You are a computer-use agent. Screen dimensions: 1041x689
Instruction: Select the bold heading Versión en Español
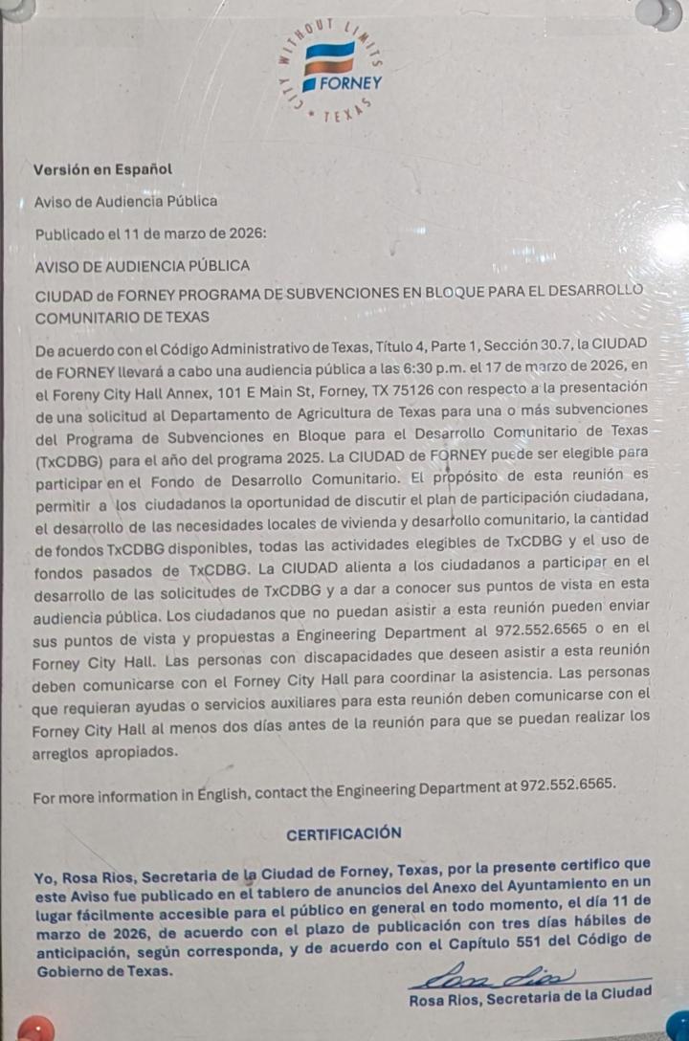[102, 169]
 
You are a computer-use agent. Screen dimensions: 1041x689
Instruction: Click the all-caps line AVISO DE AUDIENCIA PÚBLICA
[142, 265]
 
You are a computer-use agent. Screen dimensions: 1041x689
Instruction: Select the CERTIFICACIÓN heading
[344, 833]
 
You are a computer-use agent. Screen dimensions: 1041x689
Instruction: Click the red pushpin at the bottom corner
[33, 1030]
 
